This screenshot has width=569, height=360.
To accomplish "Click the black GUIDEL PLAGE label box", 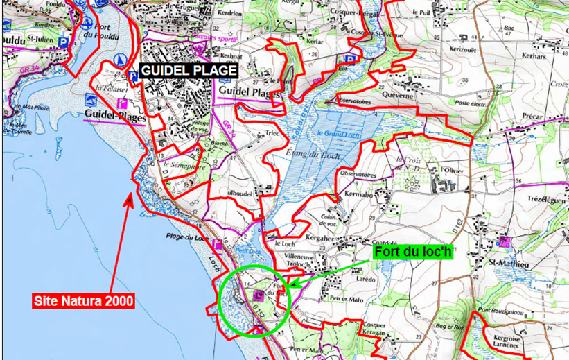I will (x=189, y=71).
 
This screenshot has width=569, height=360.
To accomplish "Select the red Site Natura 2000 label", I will (x=83, y=301).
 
